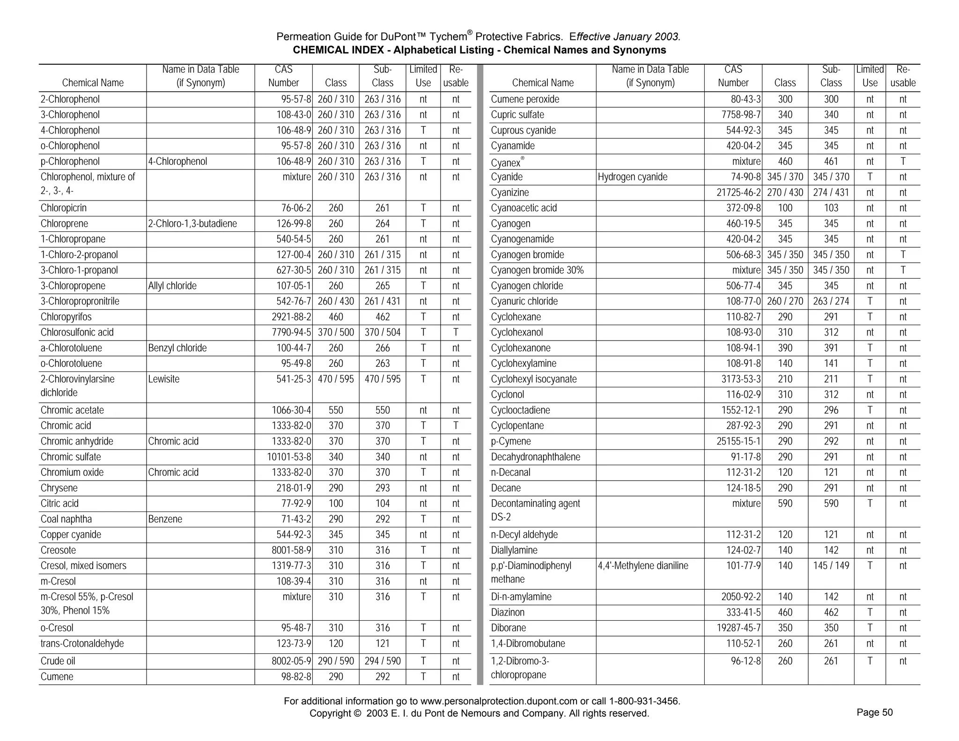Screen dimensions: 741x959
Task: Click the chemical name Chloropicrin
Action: click(x=63, y=208)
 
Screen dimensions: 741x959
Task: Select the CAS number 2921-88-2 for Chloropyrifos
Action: click(x=291, y=317)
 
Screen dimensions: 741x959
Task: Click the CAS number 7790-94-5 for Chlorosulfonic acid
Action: click(x=291, y=333)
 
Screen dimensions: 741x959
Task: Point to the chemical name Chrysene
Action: click(x=59, y=488)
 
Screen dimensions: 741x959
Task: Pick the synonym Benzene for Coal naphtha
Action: click(x=165, y=519)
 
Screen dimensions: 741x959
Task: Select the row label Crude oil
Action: click(x=58, y=661)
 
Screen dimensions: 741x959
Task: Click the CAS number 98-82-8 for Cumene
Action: click(x=295, y=677)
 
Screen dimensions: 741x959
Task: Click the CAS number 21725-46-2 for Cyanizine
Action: click(x=738, y=193)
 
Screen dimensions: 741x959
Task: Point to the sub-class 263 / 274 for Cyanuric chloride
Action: click(x=831, y=301)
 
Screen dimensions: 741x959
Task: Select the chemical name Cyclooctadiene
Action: click(x=520, y=410)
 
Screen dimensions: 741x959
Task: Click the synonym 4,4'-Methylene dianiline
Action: click(x=643, y=566)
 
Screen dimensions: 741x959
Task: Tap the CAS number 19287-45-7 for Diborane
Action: click(x=738, y=628)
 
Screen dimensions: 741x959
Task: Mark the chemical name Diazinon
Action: click(x=508, y=613)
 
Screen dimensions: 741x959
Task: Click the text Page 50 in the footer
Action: click(x=874, y=712)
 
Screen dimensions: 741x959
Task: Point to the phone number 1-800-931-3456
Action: click(x=644, y=701)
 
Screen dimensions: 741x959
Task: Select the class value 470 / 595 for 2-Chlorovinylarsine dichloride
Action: click(x=336, y=379)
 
